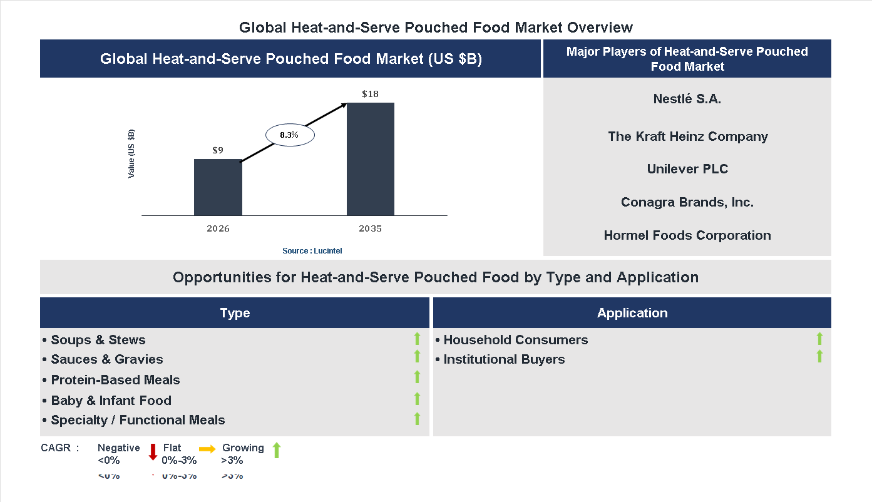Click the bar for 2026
218,187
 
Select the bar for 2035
371,159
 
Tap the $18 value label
370,94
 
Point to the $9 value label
218,150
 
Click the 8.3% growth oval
289,135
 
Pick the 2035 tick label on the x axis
370,228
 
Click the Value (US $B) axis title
131,154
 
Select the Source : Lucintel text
312,250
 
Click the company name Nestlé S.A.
687,99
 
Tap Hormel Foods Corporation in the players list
687,235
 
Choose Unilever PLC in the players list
687,169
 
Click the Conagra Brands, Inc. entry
687,202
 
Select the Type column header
235,313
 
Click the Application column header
632,313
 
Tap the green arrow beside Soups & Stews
417,339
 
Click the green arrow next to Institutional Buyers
819,356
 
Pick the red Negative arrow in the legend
153,452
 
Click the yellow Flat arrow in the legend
207,449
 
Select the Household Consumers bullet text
515,340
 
